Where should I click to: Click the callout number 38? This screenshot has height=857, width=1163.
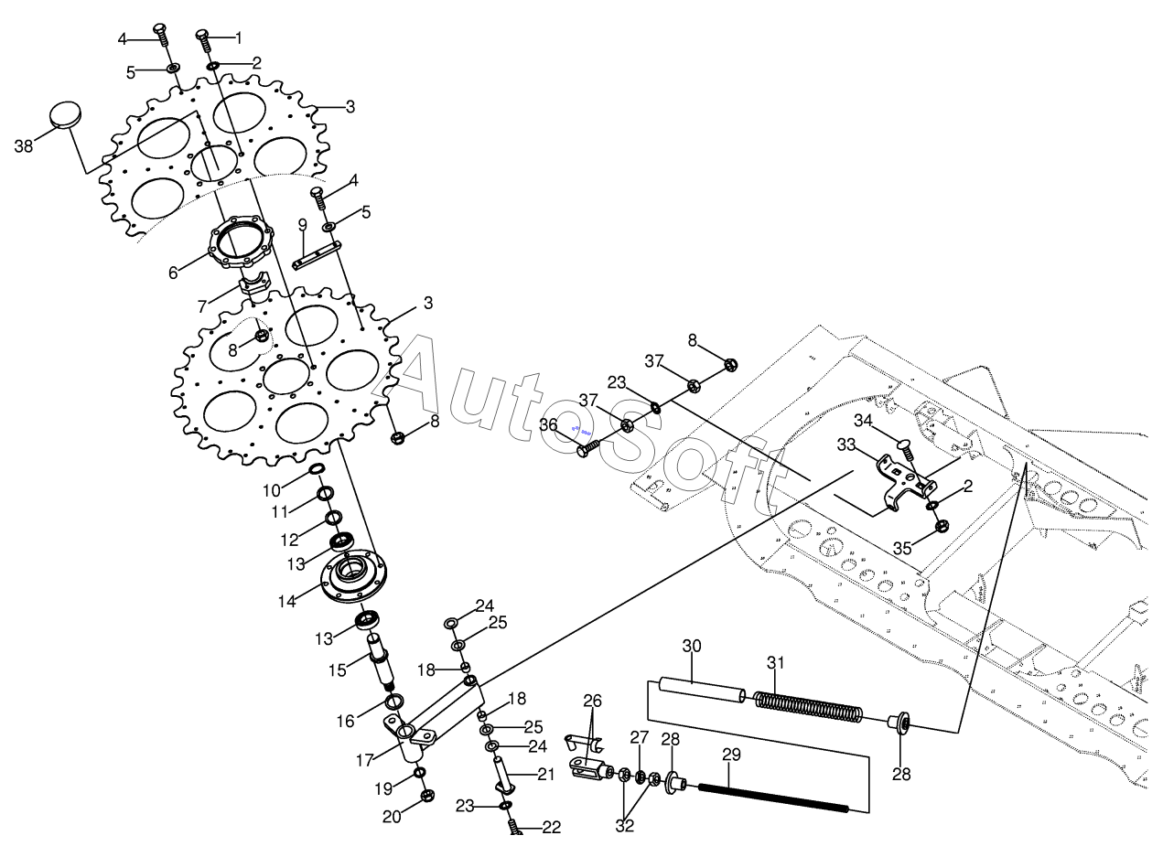[25, 145]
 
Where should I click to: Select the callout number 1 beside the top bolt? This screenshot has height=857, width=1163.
[239, 38]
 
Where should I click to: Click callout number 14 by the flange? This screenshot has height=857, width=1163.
[286, 602]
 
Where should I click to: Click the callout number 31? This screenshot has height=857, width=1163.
[776, 662]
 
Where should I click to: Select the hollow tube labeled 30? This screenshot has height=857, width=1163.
[702, 691]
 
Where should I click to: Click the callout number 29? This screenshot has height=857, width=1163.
[731, 755]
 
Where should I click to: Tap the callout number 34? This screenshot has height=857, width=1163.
[864, 420]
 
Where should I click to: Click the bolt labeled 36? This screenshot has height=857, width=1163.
[589, 447]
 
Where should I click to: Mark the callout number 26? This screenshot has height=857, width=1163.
[593, 702]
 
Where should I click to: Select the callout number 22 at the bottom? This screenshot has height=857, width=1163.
[551, 828]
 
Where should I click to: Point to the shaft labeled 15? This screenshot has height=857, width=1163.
[382, 663]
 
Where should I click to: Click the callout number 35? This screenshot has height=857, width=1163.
[902, 549]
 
